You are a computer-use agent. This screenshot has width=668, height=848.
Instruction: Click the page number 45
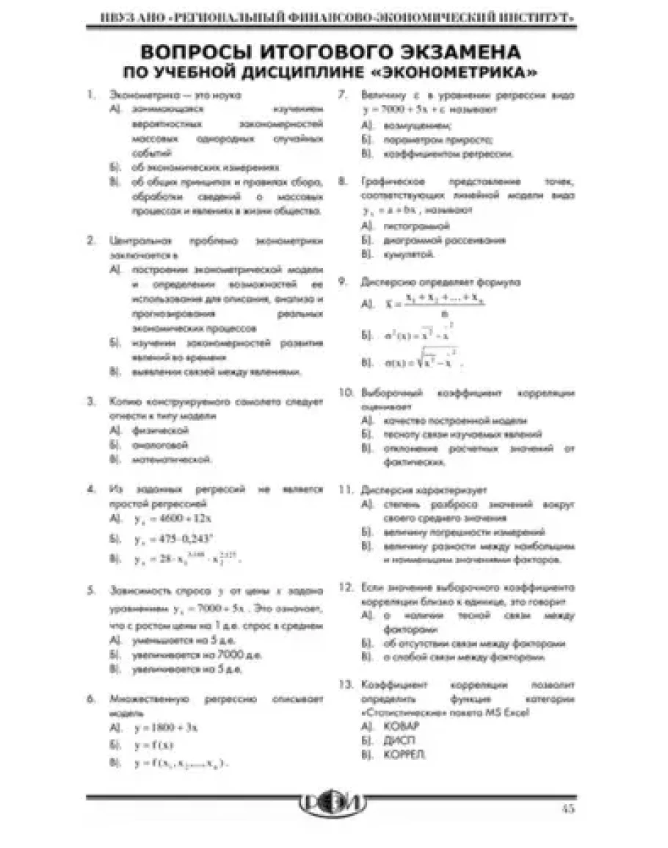(567, 810)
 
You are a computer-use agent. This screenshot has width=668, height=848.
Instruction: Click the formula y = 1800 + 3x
(167, 728)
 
